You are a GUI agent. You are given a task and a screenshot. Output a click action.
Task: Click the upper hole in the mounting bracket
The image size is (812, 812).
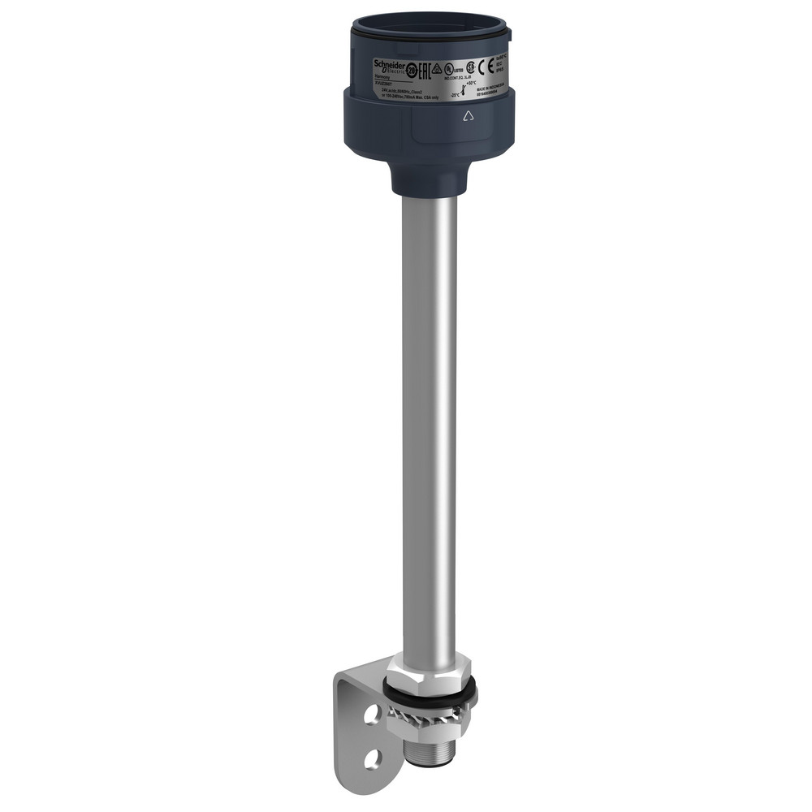coord(371,715)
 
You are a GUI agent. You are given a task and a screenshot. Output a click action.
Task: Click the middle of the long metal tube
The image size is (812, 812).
coord(429,422)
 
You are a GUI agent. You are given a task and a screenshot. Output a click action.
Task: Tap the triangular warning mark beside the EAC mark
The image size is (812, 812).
coord(437,68)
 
